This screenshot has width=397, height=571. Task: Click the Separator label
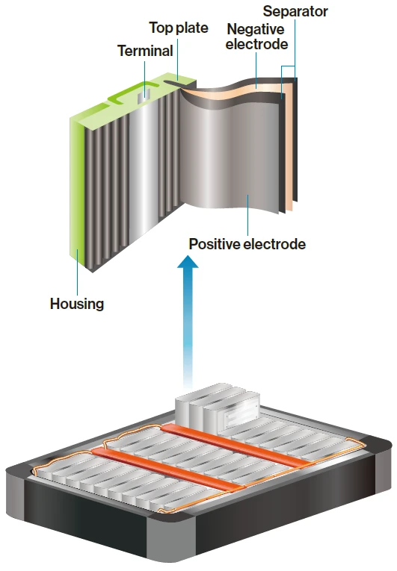[295, 11]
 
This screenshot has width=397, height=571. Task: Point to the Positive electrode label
[247, 244]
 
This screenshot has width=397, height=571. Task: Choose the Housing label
[76, 304]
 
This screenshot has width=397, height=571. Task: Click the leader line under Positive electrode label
[247, 216]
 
